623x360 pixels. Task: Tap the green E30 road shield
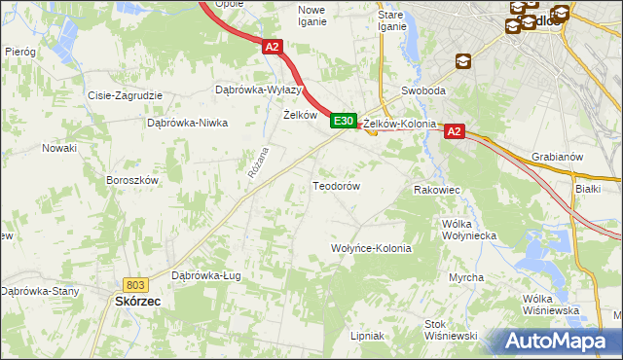point(342,121)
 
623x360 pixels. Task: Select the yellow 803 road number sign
point(135,284)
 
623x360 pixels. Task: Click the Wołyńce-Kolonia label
point(372,248)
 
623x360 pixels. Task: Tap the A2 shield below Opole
point(272,46)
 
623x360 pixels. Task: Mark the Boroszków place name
point(131,180)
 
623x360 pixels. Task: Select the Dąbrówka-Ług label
point(205,275)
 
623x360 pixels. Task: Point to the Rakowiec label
point(437,190)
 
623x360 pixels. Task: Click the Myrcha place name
point(466,277)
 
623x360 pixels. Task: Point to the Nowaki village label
point(58,148)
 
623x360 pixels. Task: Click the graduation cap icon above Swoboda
point(462,61)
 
